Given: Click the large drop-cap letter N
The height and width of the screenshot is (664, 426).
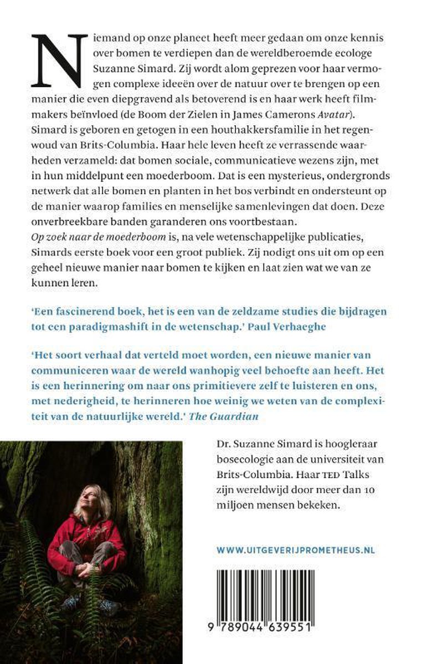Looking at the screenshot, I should [x=58, y=59].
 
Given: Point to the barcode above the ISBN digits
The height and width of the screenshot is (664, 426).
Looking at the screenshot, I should [x=294, y=600].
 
